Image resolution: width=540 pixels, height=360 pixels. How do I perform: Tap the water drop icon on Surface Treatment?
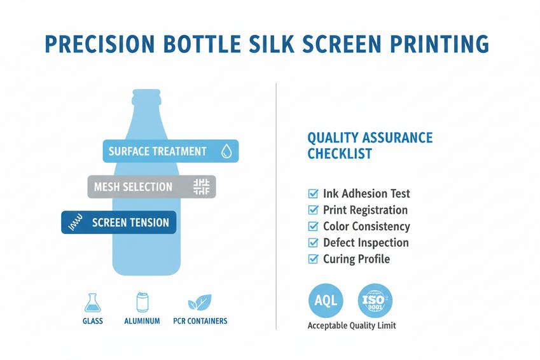click(x=226, y=151)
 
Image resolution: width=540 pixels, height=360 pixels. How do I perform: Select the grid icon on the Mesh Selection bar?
click(x=201, y=187)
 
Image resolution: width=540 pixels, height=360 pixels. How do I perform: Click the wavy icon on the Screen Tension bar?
click(x=76, y=223)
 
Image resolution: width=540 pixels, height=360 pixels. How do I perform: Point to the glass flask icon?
click(x=93, y=303)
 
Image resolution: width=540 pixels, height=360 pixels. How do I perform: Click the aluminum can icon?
click(x=142, y=302)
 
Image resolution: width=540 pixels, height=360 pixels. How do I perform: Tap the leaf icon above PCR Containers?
click(x=200, y=302)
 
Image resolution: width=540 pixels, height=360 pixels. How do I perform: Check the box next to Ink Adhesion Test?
click(x=313, y=193)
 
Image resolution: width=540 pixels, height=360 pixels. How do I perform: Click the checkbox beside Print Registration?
click(x=313, y=210)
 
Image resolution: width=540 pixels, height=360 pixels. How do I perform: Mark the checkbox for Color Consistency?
click(x=313, y=226)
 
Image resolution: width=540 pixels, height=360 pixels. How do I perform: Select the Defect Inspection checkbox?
click(x=313, y=242)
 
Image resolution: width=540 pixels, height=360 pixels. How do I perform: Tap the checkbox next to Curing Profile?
click(x=313, y=259)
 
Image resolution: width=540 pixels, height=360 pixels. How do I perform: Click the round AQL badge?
click(x=326, y=300)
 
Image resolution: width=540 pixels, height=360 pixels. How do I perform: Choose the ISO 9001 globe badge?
click(x=375, y=300)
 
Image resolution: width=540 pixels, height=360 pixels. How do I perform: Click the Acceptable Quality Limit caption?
click(x=352, y=326)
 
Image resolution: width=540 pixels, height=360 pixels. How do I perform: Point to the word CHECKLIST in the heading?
click(x=340, y=154)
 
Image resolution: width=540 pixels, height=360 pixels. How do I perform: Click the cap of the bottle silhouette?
click(x=146, y=97)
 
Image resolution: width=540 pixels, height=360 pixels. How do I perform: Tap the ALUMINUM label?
click(x=142, y=321)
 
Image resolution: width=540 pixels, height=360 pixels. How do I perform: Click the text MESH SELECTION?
click(x=133, y=187)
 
